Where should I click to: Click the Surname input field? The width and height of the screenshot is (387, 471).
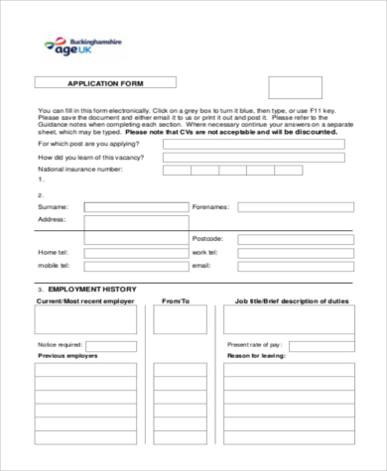pyautogui.click(x=133, y=206)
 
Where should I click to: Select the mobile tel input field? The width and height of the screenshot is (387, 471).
pyautogui.click(x=133, y=266)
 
